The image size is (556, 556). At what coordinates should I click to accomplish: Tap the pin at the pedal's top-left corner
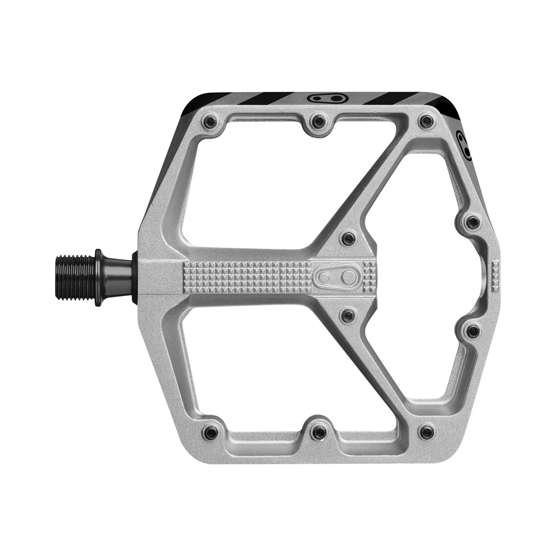[211, 122]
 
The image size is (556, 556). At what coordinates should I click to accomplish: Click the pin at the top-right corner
[426, 122]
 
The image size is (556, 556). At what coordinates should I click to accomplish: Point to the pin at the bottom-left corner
[211, 432]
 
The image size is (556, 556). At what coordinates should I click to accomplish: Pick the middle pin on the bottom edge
[319, 432]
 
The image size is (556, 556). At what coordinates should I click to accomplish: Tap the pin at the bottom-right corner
[426, 432]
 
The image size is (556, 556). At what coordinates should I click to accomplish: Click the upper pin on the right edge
[473, 222]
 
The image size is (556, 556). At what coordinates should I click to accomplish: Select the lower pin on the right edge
[473, 331]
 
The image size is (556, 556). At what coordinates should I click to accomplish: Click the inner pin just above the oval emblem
[349, 238]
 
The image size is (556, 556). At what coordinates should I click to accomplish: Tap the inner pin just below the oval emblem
[349, 315]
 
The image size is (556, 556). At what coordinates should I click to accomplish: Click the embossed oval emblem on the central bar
[338, 277]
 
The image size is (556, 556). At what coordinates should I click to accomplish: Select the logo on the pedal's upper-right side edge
[464, 146]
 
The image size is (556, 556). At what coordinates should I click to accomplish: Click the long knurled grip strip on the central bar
[247, 277]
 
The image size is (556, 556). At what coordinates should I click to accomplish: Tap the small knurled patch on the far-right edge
[496, 273]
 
